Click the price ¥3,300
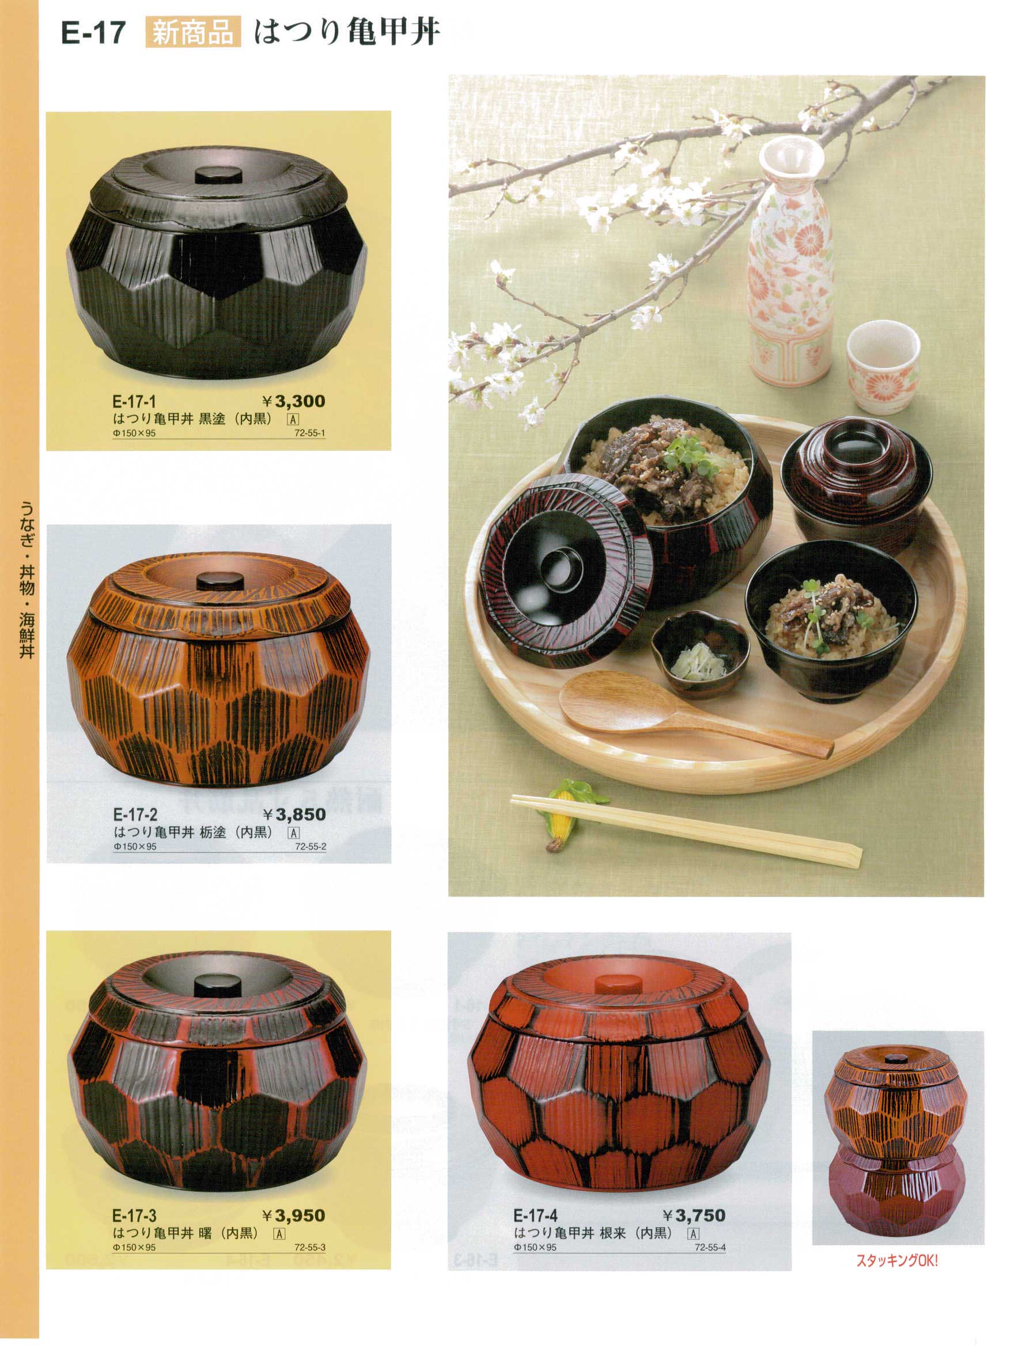click(294, 401)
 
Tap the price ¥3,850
click(294, 814)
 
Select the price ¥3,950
click(294, 1215)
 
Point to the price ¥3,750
click(694, 1215)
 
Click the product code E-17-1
click(134, 402)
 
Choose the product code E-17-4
click(535, 1216)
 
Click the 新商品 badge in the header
click(193, 33)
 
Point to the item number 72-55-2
click(310, 846)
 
